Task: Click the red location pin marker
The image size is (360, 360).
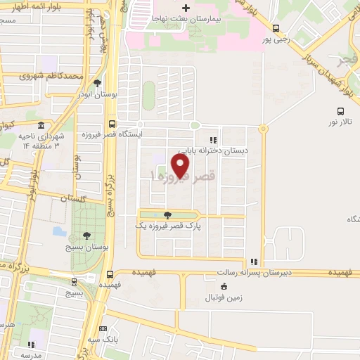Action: point(181,165)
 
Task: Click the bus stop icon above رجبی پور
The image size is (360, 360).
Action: point(276,29)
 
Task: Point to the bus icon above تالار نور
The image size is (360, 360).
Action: point(341,110)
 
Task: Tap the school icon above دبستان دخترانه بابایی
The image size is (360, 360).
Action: point(212,140)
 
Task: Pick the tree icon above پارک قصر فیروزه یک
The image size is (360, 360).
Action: point(167,215)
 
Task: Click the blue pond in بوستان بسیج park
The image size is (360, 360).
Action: point(59,230)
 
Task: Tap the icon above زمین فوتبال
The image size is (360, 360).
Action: point(224,285)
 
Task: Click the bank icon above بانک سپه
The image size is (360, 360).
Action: point(104,328)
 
